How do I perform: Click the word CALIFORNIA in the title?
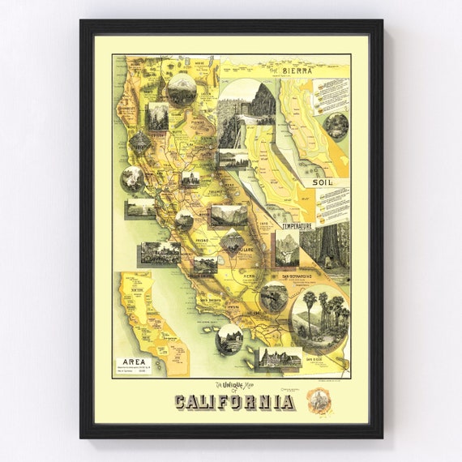(233, 402)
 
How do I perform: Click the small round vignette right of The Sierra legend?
(336, 124)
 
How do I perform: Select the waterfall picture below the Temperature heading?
(286, 249)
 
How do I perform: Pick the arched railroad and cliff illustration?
(246, 110)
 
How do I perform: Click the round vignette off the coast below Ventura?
(229, 339)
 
